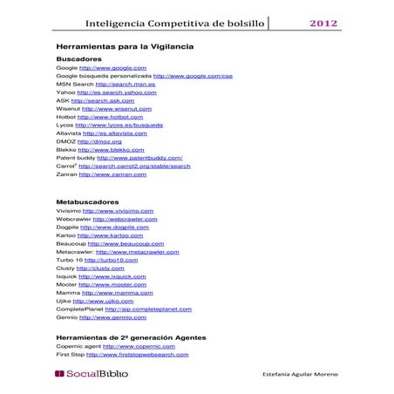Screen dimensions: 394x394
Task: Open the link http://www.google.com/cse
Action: pos(193,76)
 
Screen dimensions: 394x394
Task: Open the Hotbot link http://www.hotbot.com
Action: pos(110,117)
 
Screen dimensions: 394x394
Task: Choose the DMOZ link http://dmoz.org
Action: pos(99,141)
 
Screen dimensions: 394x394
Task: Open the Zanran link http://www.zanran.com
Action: pos(112,174)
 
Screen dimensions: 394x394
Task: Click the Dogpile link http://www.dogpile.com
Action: pos(115,228)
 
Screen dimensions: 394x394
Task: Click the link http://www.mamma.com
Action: pos(115,293)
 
